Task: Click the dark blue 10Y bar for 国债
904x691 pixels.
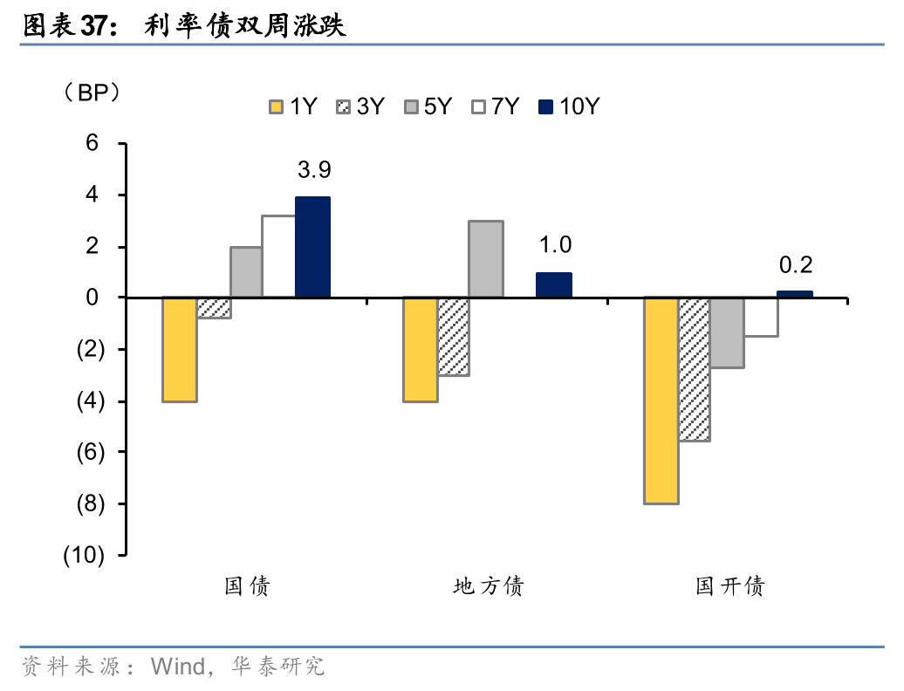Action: (312, 247)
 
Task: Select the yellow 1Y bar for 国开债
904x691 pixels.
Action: (661, 400)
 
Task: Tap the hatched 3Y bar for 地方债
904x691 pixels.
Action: (453, 337)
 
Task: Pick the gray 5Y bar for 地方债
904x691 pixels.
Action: (486, 259)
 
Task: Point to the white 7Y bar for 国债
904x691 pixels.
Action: (278, 257)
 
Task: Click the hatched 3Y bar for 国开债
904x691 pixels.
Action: (694, 369)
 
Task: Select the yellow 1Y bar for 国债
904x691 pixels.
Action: (180, 349)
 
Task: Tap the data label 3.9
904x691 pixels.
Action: (313, 169)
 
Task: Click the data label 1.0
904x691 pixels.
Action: (554, 245)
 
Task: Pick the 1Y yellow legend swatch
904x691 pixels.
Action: (277, 107)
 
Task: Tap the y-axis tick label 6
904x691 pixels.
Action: (93, 143)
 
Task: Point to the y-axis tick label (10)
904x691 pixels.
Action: (84, 556)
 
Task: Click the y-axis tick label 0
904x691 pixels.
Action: (93, 298)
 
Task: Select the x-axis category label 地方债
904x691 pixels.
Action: (489, 586)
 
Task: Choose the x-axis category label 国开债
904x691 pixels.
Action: (729, 586)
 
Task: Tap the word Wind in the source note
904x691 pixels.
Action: (177, 667)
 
